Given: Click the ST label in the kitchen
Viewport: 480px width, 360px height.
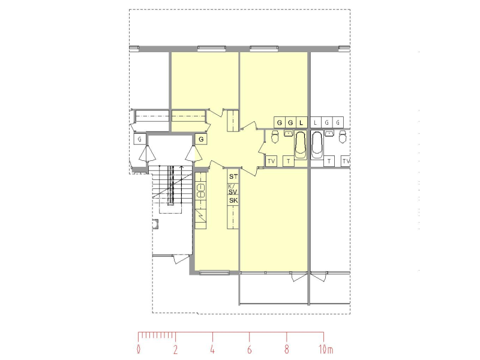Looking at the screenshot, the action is coord(233,176).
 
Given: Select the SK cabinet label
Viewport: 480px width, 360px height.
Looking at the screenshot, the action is coord(233,200).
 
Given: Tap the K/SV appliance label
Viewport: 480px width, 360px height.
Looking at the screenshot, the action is coord(233,189).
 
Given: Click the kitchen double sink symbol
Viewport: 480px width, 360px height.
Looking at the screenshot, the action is coord(201,190).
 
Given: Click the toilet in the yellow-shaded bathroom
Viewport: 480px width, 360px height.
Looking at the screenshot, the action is coord(275,137).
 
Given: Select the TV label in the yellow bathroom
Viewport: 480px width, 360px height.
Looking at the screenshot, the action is coord(271,161).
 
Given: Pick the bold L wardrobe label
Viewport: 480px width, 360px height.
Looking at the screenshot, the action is coord(302,123).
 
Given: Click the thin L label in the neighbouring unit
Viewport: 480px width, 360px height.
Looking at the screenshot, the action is coord(316,123).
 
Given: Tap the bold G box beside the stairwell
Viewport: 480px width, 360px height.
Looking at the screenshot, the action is coord(201,139).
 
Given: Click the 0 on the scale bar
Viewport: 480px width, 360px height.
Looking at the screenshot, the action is coord(139,349).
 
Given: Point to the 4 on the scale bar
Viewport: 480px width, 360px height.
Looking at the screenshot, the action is coord(212,349).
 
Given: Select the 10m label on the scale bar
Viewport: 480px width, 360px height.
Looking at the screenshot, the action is coord(325,349).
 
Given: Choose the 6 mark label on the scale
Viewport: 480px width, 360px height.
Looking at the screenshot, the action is coord(250,349).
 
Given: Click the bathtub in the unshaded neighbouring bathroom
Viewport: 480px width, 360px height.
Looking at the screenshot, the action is coord(317,145).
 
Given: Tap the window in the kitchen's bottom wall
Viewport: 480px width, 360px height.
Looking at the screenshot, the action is coord(214,272).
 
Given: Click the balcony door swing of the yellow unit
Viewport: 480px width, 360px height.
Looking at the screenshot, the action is coord(298,277).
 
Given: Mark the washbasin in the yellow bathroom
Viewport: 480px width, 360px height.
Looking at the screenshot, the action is coord(289,133).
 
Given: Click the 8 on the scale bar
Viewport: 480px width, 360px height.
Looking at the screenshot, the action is coord(287,349).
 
